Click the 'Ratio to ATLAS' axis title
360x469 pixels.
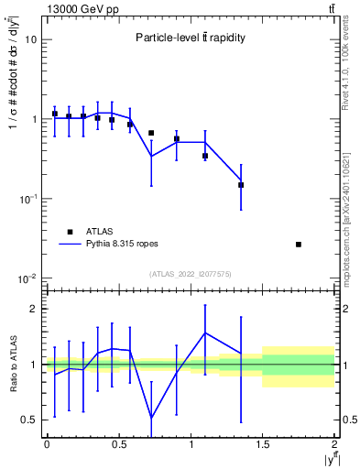coord(12,364)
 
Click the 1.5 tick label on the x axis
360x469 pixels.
coord(263,444)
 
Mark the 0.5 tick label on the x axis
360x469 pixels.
coord(118,444)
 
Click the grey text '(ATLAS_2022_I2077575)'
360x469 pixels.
coord(190,274)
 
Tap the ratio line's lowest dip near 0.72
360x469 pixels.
coord(151,419)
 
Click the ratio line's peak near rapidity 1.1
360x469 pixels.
coord(205,333)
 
